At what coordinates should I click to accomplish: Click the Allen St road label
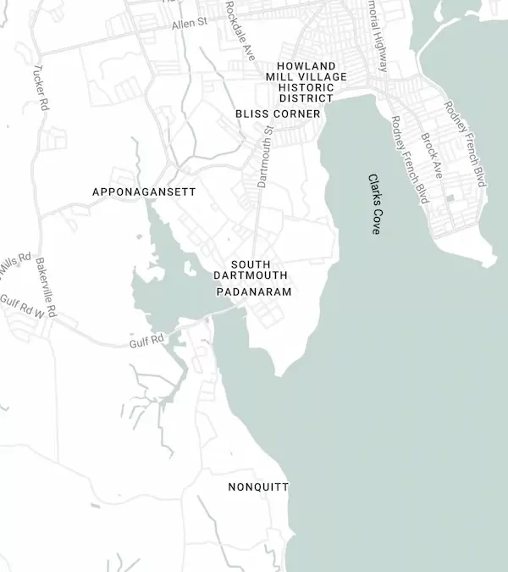pos(190,25)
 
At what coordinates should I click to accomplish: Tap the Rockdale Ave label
pos(240,30)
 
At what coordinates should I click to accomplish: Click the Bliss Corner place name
pos(278,114)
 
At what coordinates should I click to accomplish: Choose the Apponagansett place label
pos(144,192)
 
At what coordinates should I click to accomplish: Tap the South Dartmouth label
pos(251,270)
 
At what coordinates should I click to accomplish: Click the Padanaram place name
pos(254,292)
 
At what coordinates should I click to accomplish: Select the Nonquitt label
pos(258,487)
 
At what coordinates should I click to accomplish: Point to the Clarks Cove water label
pos(375,203)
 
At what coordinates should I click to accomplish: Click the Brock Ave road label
pos(432,156)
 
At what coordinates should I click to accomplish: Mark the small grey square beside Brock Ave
pos(450,198)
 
